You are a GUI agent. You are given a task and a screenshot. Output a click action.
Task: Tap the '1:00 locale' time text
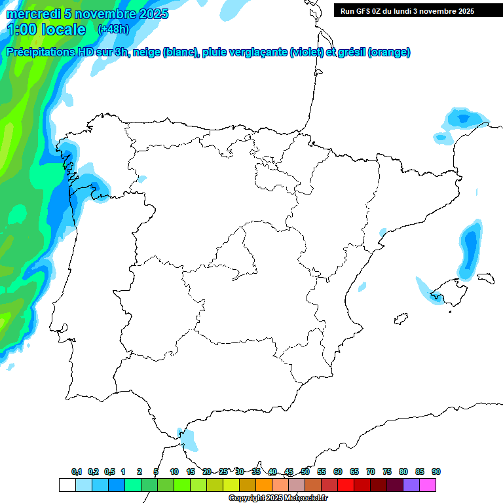(47, 29)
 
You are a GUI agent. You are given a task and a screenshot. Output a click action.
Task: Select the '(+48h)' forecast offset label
(113, 29)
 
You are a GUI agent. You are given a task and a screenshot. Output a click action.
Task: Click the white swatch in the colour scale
(67, 485)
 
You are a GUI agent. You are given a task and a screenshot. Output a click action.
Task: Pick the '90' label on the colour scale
(436, 472)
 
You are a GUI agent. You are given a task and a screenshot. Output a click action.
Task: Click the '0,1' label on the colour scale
(77, 472)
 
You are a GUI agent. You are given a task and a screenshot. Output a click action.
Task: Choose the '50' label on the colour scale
(305, 472)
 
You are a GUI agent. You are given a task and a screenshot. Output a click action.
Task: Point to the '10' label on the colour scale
(174, 472)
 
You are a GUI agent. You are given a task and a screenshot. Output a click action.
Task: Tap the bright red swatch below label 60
(346, 485)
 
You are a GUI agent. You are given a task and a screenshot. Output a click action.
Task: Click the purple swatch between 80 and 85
(411, 485)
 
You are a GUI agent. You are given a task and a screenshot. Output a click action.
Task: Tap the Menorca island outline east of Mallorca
(485, 278)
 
